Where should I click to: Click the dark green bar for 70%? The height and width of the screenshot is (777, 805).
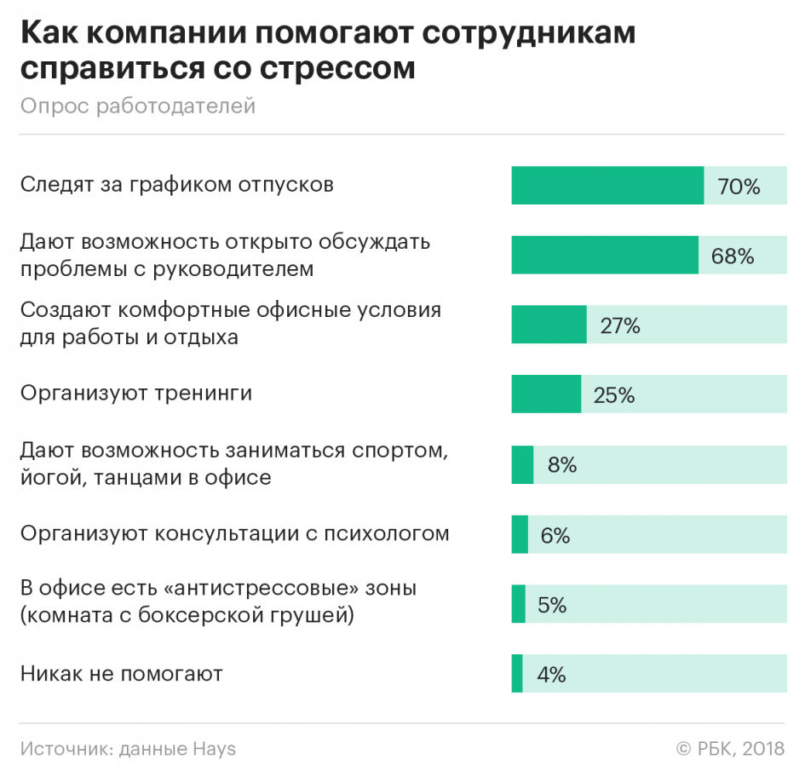pyautogui.click(x=607, y=186)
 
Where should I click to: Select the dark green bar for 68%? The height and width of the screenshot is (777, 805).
pyautogui.click(x=605, y=255)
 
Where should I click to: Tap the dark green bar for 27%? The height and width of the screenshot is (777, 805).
pyautogui.click(x=549, y=324)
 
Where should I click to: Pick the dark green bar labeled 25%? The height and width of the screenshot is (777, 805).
pyautogui.click(x=546, y=394)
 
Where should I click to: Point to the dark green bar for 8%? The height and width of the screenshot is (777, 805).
pyautogui.click(x=522, y=465)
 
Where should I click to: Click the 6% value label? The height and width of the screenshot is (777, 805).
pyautogui.click(x=555, y=536)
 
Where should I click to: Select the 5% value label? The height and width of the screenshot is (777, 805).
pyautogui.click(x=552, y=605)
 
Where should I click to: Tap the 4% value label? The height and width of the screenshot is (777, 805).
pyautogui.click(x=551, y=674)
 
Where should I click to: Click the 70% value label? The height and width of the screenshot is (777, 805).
pyautogui.click(x=739, y=187)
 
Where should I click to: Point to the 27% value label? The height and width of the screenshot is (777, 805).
pyautogui.click(x=620, y=325)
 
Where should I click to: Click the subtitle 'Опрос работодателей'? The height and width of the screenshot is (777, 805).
pyautogui.click(x=138, y=106)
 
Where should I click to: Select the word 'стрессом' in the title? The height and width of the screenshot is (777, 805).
pyautogui.click(x=337, y=68)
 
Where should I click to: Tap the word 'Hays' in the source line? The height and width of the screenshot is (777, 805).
pyautogui.click(x=214, y=749)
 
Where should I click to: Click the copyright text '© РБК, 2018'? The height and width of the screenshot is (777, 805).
pyautogui.click(x=730, y=749)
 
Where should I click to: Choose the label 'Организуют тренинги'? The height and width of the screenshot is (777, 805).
pyautogui.click(x=136, y=394)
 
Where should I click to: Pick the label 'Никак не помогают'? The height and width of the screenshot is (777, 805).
pyautogui.click(x=122, y=674)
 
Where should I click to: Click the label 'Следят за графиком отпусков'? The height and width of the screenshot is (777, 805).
pyautogui.click(x=177, y=184)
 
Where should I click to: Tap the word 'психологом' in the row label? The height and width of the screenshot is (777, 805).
pyautogui.click(x=387, y=534)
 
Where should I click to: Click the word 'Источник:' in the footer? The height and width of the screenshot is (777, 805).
pyautogui.click(x=67, y=749)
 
